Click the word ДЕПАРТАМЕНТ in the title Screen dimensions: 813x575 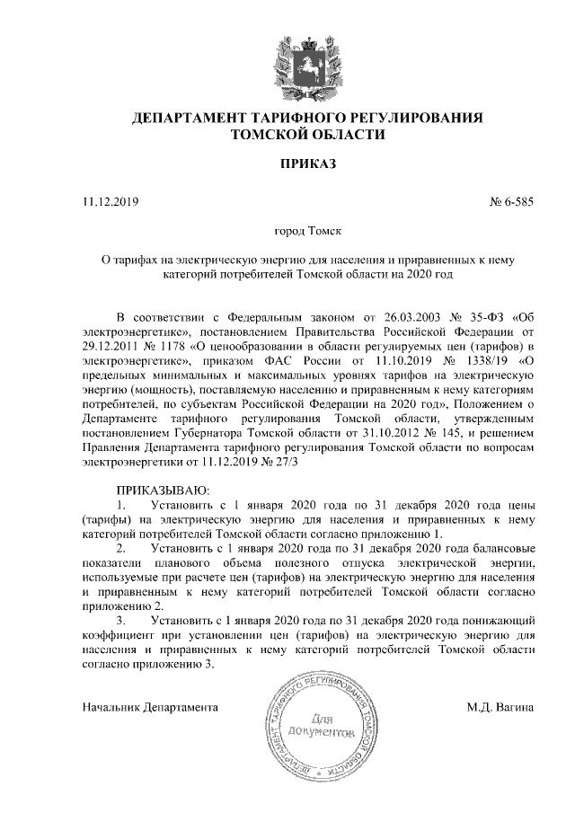click(x=195, y=119)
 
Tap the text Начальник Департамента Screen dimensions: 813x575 click(x=150, y=707)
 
